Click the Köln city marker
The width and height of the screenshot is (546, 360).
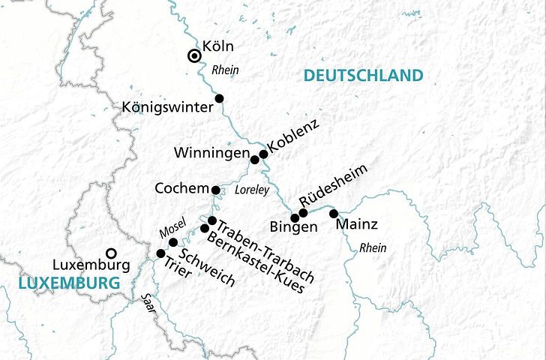coord(193,55)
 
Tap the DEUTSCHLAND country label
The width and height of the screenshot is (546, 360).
coord(363,75)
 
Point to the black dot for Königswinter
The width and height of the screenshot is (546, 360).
coord(220,98)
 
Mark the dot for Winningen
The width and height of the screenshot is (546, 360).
coord(255,160)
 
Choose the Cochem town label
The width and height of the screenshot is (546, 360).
coord(181,188)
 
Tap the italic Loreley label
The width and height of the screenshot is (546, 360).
coord(251,191)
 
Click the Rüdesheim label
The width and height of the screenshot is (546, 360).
coord(334,185)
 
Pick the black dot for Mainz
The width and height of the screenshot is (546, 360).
coord(334,214)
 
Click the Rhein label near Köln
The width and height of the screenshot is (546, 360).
coord(225,70)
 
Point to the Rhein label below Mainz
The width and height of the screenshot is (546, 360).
coord(373,247)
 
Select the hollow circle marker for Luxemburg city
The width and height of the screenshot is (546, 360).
coord(111,253)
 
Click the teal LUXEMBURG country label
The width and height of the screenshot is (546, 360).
coord(69,283)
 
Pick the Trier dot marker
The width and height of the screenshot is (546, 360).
coord(160,253)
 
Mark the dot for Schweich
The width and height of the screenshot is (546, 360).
coord(173,242)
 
